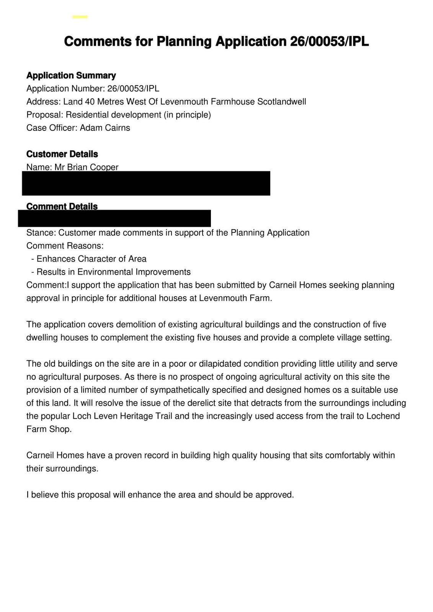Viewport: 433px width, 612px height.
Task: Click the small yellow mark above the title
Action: pos(80,17)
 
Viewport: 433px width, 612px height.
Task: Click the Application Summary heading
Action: pos(71,75)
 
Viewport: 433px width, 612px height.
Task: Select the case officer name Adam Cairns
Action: pos(105,128)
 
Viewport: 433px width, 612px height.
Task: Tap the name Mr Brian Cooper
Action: pos(86,167)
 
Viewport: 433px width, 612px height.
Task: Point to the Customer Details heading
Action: pos(62,154)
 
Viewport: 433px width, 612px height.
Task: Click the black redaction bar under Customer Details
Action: pos(146,184)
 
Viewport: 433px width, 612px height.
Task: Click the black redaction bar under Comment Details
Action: pos(114,218)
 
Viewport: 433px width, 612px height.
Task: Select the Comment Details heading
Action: pos(62,206)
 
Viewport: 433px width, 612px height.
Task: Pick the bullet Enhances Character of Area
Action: pos(91,259)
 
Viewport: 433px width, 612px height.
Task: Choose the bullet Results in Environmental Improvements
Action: pos(113,272)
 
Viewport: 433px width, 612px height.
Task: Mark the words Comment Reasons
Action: pos(65,246)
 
